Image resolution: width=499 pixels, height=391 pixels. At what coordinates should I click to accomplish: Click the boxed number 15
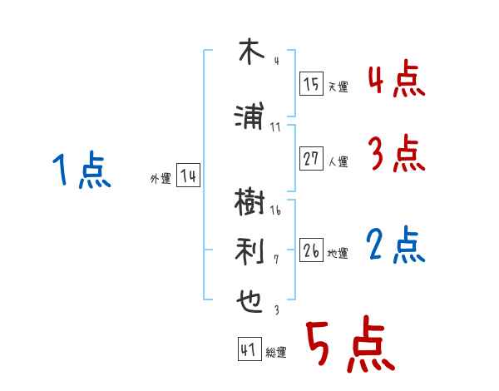click(x=312, y=85)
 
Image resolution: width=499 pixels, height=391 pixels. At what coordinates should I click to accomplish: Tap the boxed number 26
click(x=312, y=251)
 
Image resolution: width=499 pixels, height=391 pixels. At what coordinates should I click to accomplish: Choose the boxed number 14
click(x=188, y=176)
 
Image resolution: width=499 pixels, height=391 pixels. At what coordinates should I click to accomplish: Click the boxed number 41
click(x=249, y=350)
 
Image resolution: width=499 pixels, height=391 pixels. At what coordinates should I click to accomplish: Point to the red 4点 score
click(x=396, y=82)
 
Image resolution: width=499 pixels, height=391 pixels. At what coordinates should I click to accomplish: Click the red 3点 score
click(x=396, y=155)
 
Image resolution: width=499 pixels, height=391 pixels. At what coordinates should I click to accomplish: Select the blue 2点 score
click(x=396, y=245)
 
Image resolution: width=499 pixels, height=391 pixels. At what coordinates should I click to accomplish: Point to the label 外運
click(x=161, y=179)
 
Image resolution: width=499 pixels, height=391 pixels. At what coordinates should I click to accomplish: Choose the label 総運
click(x=275, y=353)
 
